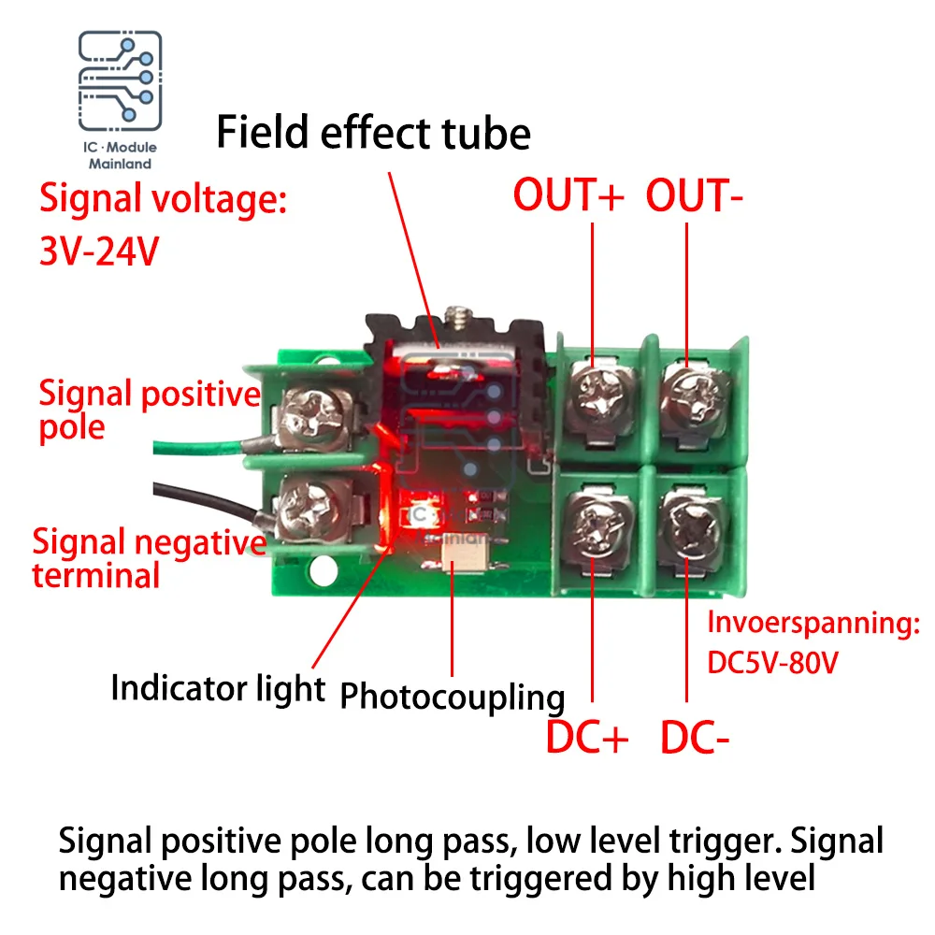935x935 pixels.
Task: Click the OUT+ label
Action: pyautogui.click(x=568, y=195)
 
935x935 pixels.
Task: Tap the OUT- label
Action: pyautogui.click(x=694, y=195)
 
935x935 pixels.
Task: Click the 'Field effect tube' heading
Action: pyautogui.click(x=373, y=133)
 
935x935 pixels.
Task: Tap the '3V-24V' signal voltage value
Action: pyautogui.click(x=100, y=251)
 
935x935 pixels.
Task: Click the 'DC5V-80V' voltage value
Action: pyautogui.click(x=773, y=663)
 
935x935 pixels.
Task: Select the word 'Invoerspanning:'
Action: pyautogui.click(x=813, y=624)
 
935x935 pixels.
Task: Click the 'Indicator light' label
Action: pyautogui.click(x=218, y=688)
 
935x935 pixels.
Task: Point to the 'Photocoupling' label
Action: pyautogui.click(x=452, y=697)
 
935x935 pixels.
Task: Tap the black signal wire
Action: pyautogui.click(x=209, y=500)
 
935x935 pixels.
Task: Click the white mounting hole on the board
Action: pyautogui.click(x=324, y=569)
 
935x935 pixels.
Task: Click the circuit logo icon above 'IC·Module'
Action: pyautogui.click(x=120, y=80)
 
